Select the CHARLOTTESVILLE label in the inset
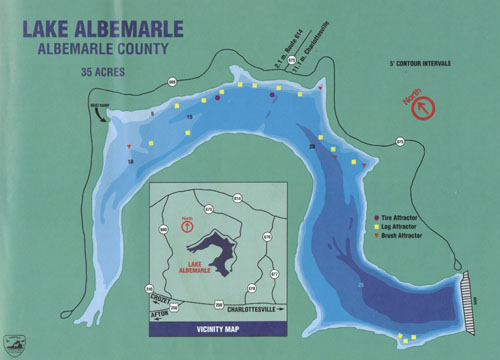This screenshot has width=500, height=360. (240, 307)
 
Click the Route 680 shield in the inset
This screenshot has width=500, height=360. (162, 231)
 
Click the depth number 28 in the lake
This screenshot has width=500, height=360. (312, 147)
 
